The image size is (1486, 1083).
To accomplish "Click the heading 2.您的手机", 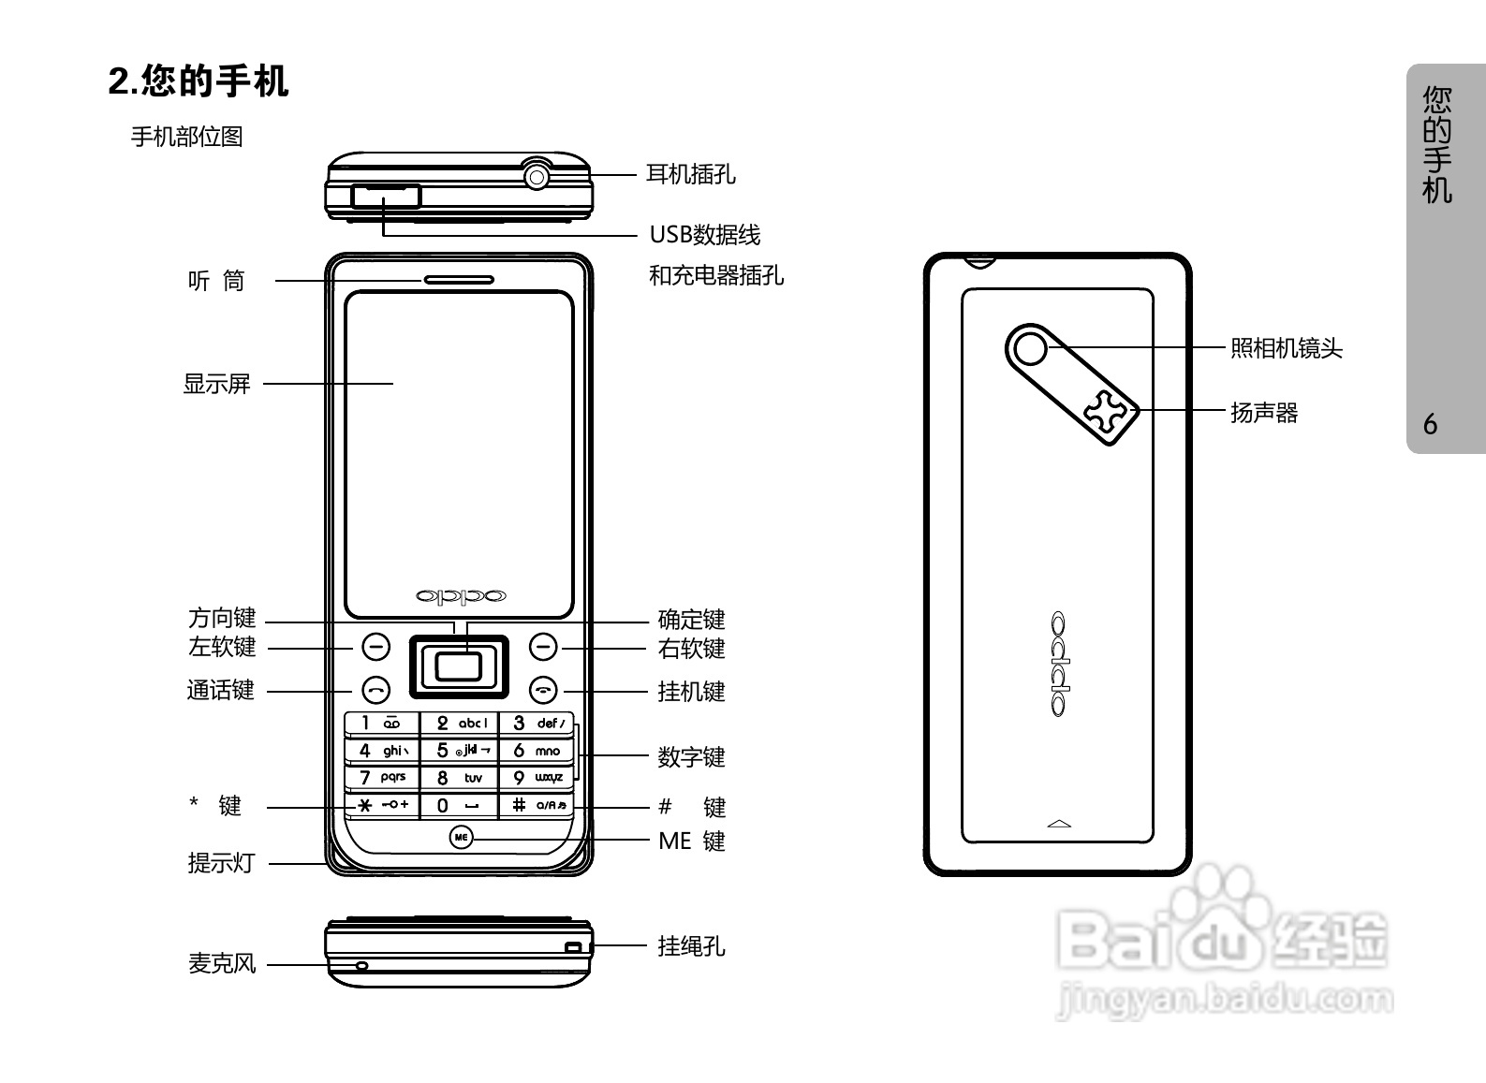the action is [199, 81].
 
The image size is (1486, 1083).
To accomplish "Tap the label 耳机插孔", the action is [691, 174].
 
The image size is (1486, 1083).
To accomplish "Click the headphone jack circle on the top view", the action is [537, 175].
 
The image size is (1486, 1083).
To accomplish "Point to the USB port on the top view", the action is [386, 197].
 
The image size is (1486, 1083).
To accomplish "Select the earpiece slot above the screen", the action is [459, 279].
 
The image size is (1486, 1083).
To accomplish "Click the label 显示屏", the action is [216, 384].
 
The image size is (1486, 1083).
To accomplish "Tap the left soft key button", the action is [375, 647].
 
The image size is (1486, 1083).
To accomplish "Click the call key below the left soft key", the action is [375, 691].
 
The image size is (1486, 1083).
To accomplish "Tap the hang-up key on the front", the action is [543, 691].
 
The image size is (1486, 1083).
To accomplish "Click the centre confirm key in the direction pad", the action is [459, 666].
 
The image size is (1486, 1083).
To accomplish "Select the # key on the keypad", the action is [537, 805].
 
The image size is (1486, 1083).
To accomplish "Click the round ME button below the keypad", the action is [460, 837].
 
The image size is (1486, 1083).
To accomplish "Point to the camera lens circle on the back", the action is [1030, 349].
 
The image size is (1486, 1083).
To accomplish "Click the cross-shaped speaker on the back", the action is [1108, 412].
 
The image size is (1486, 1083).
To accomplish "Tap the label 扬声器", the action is [1264, 413].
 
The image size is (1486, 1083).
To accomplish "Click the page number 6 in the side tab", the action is [1430, 425].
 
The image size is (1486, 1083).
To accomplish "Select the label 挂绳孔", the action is [691, 946].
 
